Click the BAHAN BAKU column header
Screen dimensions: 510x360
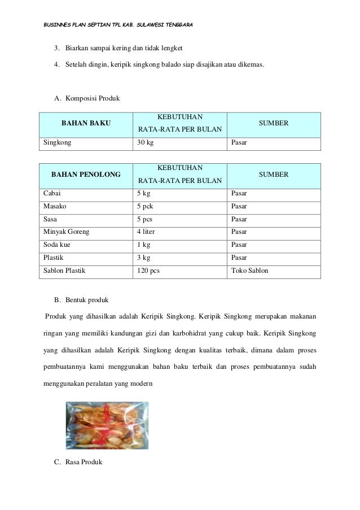[86, 123]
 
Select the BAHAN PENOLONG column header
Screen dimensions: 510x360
[86, 175]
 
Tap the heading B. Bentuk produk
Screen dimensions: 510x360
[84, 298]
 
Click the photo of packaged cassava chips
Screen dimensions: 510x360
[107, 424]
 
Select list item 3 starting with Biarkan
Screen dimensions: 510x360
[124, 46]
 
